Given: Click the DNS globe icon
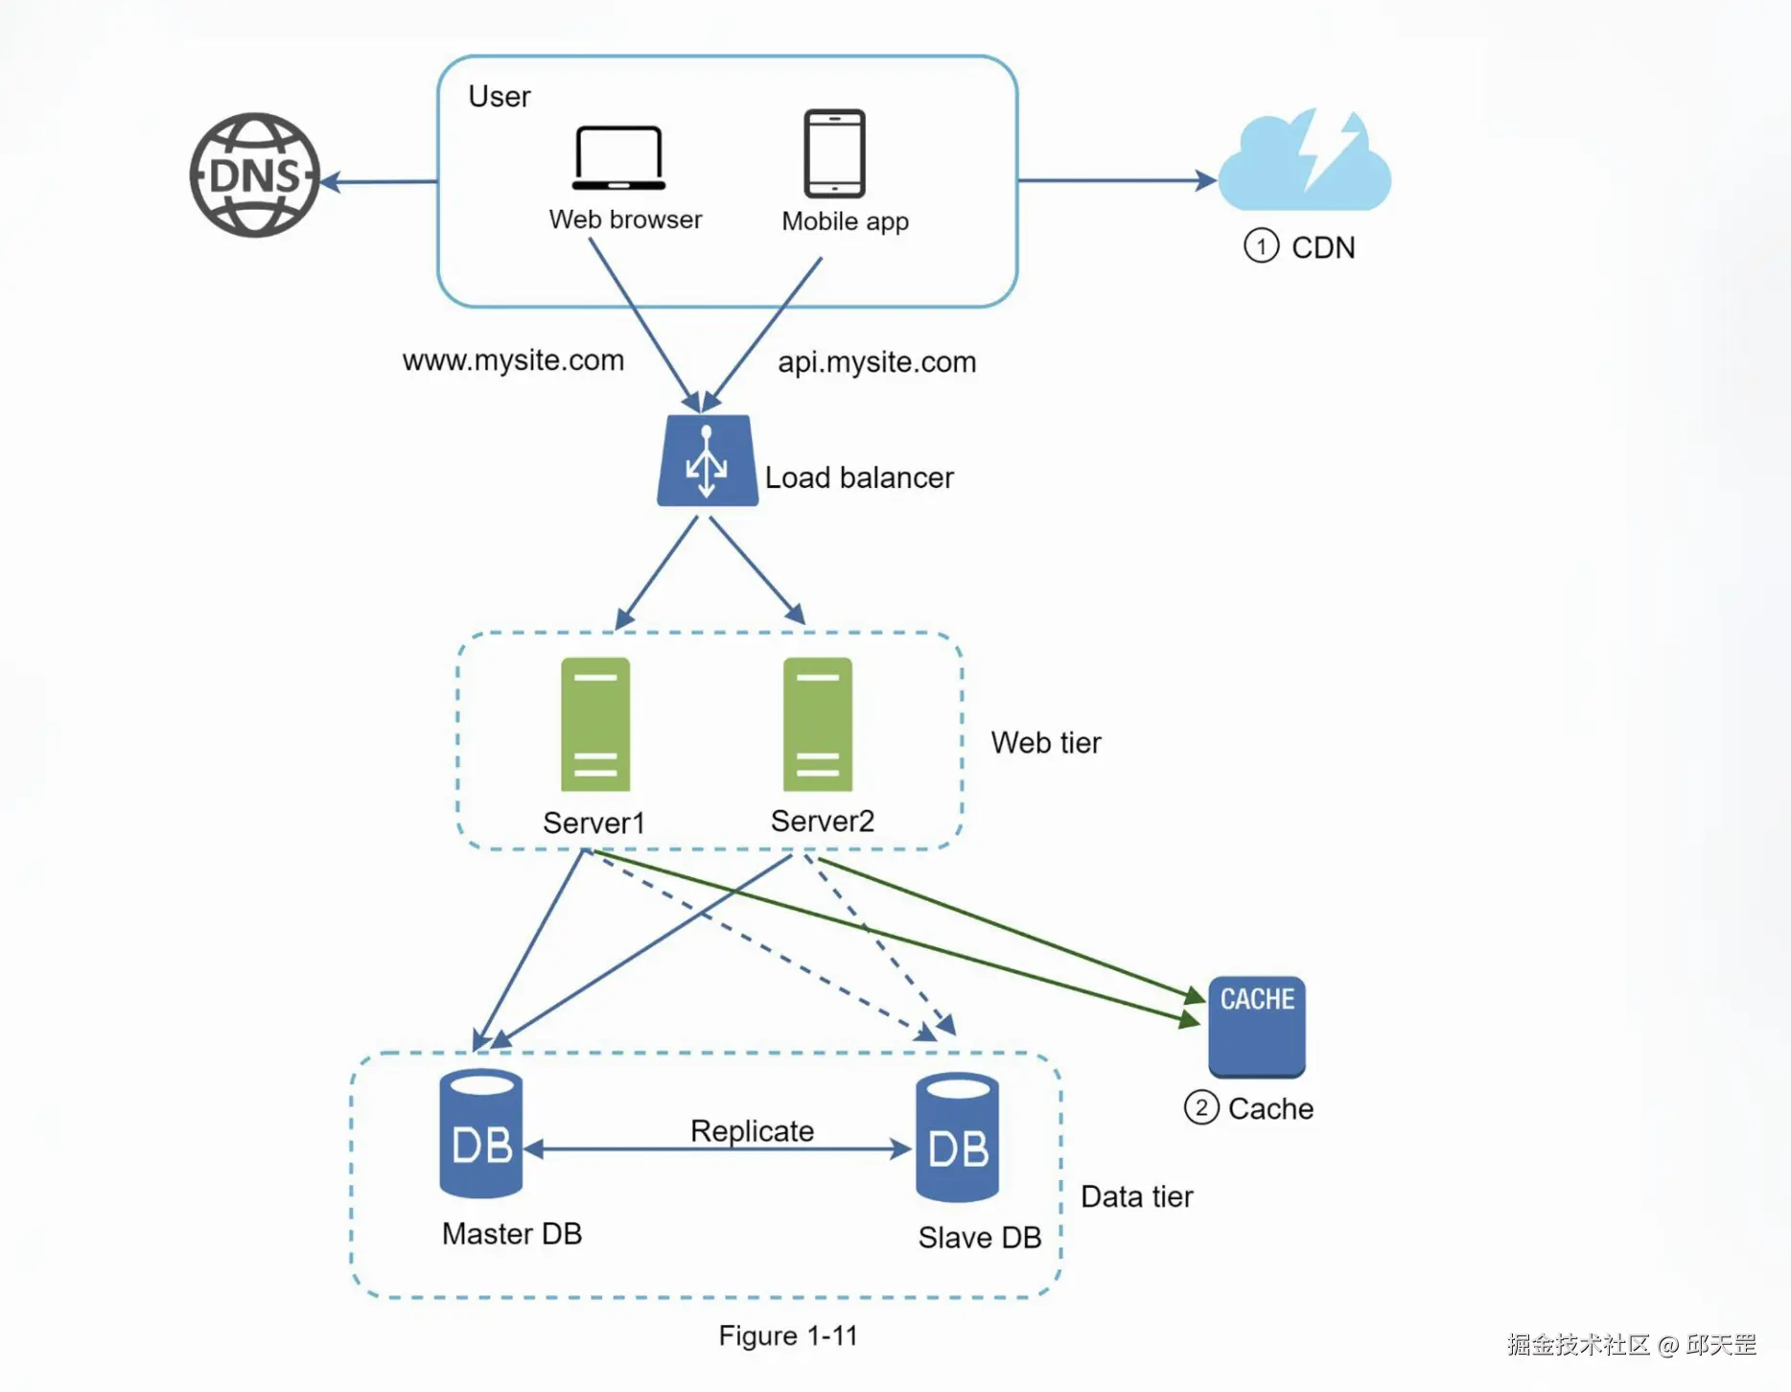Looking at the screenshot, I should coord(254,175).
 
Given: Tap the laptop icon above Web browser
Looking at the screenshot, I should coord(618,158).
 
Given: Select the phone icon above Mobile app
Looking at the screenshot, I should coord(834,153).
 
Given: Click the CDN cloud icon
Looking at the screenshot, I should coord(1304,163).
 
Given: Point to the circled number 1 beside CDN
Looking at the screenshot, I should coord(1261,246).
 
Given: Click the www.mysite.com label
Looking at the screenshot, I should coord(513,360).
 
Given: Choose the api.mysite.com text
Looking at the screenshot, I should coord(876,362).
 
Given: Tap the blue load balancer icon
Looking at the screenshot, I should coord(708,461).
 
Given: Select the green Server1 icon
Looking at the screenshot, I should coord(595,724).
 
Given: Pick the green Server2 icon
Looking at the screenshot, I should coord(817,724).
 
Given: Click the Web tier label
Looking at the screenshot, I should coord(1045,743).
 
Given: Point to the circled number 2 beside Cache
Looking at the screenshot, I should coord(1201,1108).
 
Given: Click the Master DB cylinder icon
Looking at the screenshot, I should coord(481,1134).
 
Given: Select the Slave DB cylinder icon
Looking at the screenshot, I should coord(957,1138).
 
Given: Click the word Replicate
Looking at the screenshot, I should coord(752,1131).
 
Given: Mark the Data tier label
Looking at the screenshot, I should coord(1136,1196).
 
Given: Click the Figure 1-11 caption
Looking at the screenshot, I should coord(788,1335).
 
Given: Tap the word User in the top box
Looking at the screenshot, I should coord(499,97).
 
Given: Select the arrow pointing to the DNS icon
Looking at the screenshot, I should coord(379,181).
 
